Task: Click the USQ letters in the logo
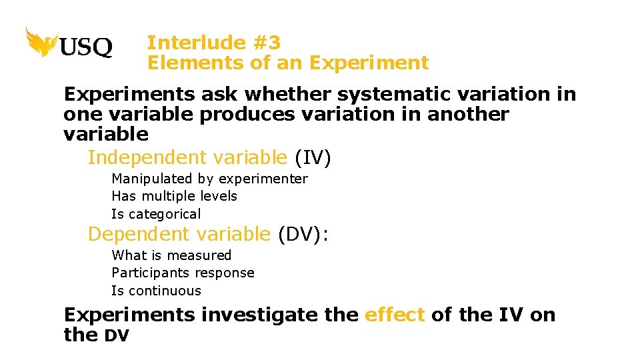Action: pyautogui.click(x=87, y=47)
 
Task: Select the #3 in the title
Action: pyautogui.click(x=266, y=43)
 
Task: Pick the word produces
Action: pyautogui.click(x=247, y=114)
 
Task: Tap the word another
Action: pyautogui.click(x=467, y=114)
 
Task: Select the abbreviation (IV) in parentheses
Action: pyautogui.click(x=313, y=158)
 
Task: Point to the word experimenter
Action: pyautogui.click(x=263, y=179)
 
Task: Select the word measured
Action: pyautogui.click(x=199, y=255)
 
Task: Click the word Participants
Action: pyautogui.click(x=149, y=273)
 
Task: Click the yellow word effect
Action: pyautogui.click(x=395, y=314)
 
